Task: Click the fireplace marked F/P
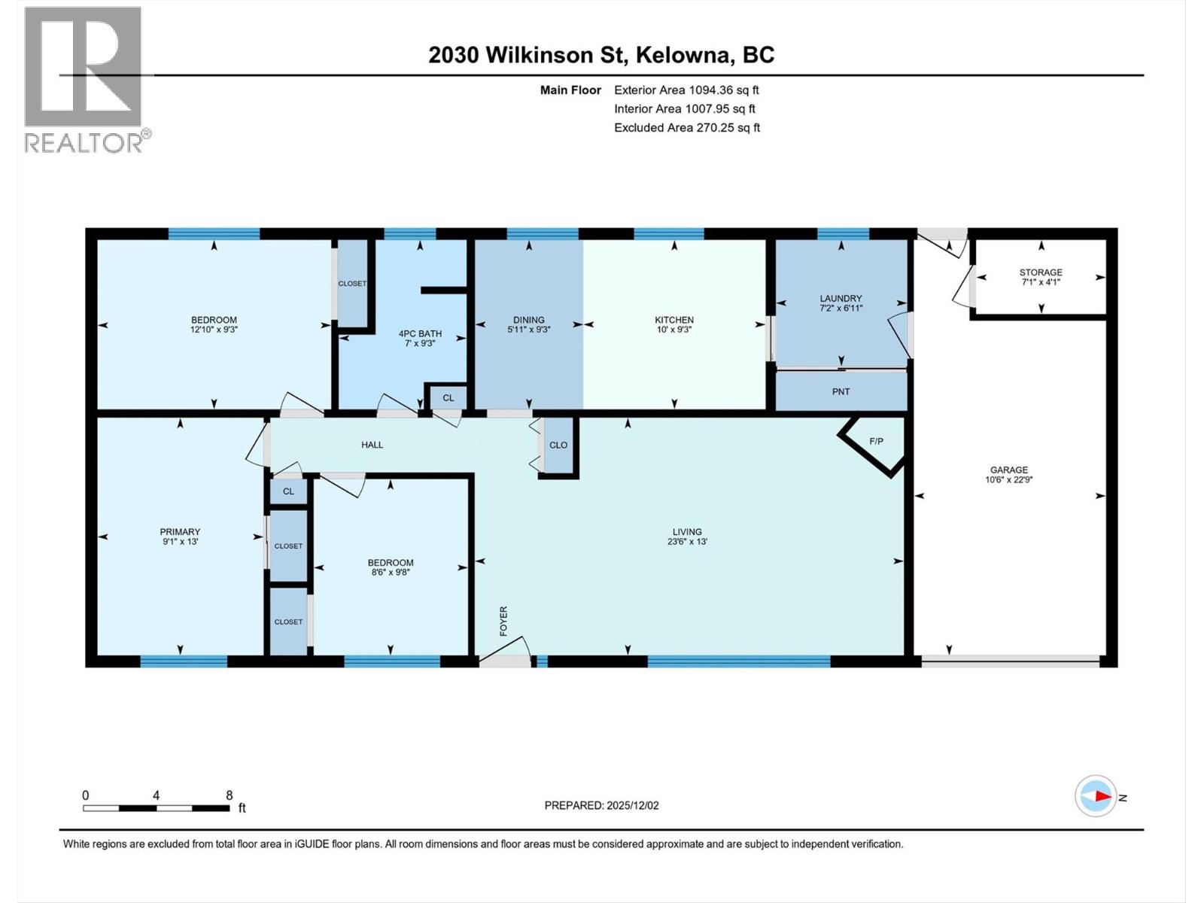876,442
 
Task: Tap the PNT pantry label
841,392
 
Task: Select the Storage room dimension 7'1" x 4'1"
1041,282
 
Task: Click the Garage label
1008,470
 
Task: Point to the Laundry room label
841,299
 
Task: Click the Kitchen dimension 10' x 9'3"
673,330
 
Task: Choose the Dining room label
529,320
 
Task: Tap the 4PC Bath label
420,333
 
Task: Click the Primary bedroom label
180,532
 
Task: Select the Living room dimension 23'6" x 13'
687,542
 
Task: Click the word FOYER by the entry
503,621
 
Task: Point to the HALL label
372,445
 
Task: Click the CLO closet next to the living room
558,445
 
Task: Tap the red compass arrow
1102,796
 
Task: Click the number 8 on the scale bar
230,795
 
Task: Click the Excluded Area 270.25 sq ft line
686,128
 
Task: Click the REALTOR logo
84,79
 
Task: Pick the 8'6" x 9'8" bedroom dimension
391,572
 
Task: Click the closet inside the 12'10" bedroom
352,284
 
